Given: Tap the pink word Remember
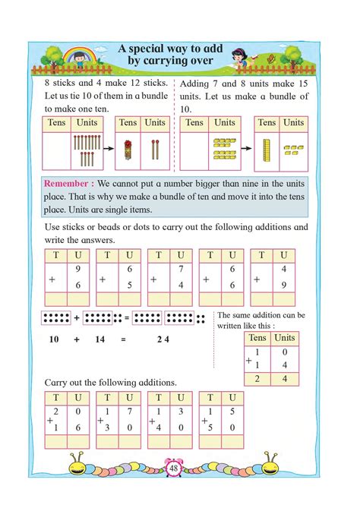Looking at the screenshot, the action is [68, 185].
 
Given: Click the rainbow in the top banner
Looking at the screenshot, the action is [76, 54].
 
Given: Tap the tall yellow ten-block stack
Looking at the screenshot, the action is [267, 150].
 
